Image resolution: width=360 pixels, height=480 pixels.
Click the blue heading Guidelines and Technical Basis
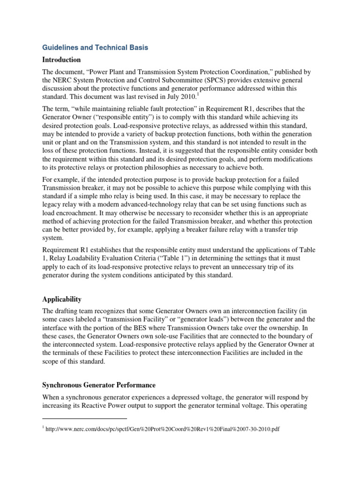point(95,47)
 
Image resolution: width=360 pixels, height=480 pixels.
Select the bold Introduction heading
point(61,60)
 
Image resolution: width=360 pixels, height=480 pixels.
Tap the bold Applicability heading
point(62,299)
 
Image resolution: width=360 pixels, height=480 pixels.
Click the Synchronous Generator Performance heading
point(99,385)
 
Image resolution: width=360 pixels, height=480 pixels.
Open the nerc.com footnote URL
point(163,428)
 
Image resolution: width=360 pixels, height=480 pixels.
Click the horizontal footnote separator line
point(85,418)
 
